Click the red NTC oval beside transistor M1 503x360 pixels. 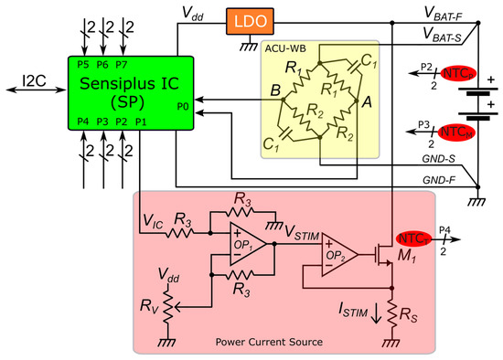(x=413, y=239)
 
